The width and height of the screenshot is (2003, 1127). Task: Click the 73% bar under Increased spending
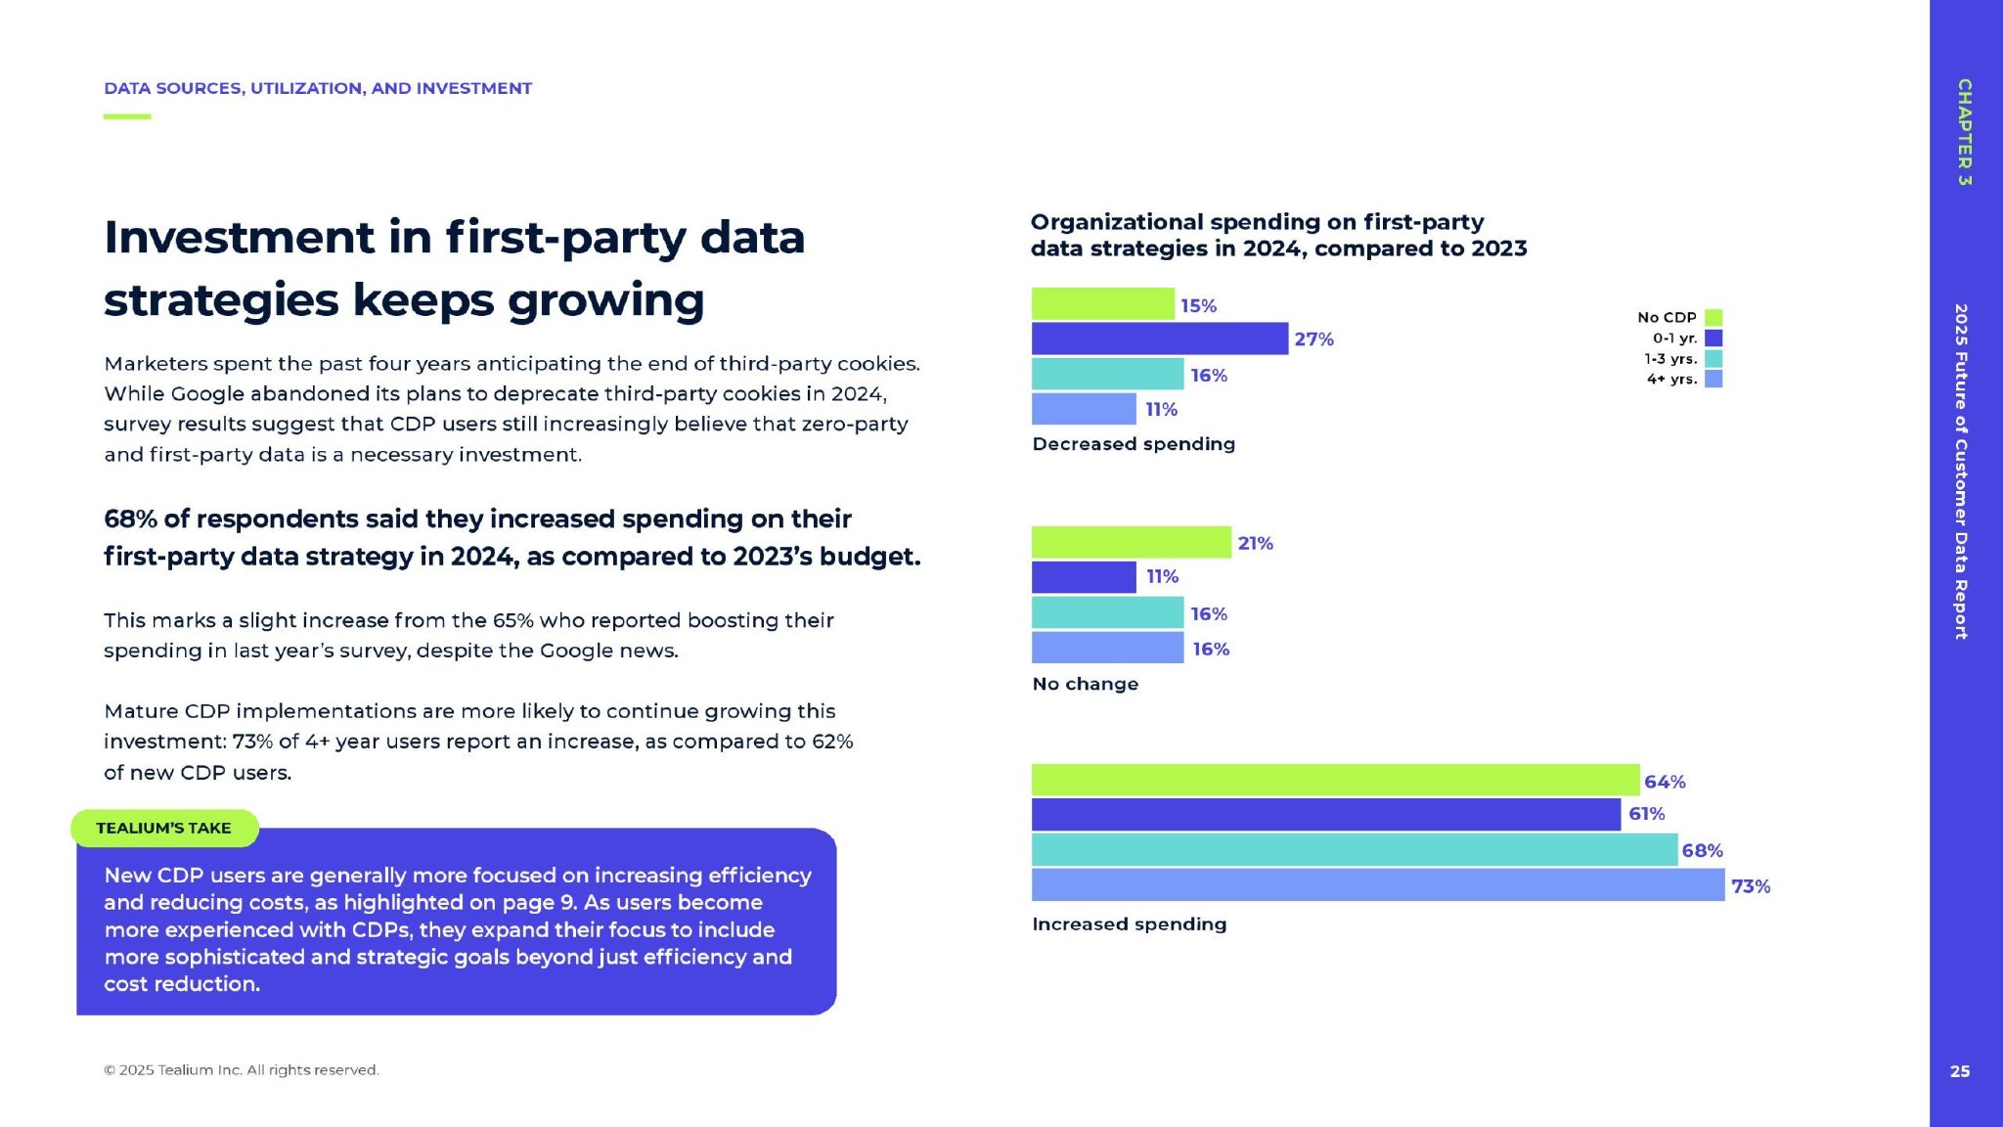(x=1377, y=885)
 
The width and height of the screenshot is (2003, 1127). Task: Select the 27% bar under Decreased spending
(x=1159, y=338)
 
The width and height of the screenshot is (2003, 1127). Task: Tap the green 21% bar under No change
(x=1131, y=542)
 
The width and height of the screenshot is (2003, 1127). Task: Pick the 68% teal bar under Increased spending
(x=1354, y=850)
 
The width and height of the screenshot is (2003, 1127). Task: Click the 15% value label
(x=1198, y=306)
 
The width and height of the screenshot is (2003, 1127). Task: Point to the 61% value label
(x=1646, y=814)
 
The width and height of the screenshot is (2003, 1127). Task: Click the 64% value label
(x=1665, y=782)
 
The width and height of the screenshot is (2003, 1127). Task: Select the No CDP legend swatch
(x=1714, y=317)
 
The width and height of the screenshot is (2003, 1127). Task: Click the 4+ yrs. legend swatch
(x=1714, y=379)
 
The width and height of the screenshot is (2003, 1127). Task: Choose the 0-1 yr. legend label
(x=1674, y=338)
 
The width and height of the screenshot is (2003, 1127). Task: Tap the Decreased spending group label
(x=1134, y=444)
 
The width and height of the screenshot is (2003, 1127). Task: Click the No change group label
(x=1085, y=684)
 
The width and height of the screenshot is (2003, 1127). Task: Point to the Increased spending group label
(x=1129, y=924)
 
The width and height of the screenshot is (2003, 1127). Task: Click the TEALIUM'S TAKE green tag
(x=164, y=828)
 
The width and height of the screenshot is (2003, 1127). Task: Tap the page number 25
(x=1960, y=1071)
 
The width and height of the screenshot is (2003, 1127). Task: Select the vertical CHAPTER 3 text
(x=1964, y=132)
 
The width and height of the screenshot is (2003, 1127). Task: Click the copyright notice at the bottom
(x=241, y=1070)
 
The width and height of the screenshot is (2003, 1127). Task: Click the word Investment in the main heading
(x=240, y=238)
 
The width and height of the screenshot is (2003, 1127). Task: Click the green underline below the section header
(x=127, y=116)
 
